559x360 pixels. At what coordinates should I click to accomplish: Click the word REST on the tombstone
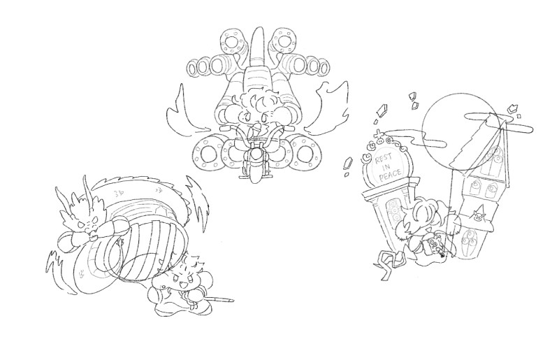coord(384,157)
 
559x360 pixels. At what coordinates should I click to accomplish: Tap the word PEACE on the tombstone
coord(390,175)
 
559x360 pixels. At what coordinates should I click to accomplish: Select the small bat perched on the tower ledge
coord(479,215)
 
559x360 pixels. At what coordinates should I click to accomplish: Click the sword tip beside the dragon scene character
coord(232,300)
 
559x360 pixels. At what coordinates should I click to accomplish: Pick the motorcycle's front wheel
coord(255,172)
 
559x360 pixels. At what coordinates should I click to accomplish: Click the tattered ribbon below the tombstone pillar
coord(389,263)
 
